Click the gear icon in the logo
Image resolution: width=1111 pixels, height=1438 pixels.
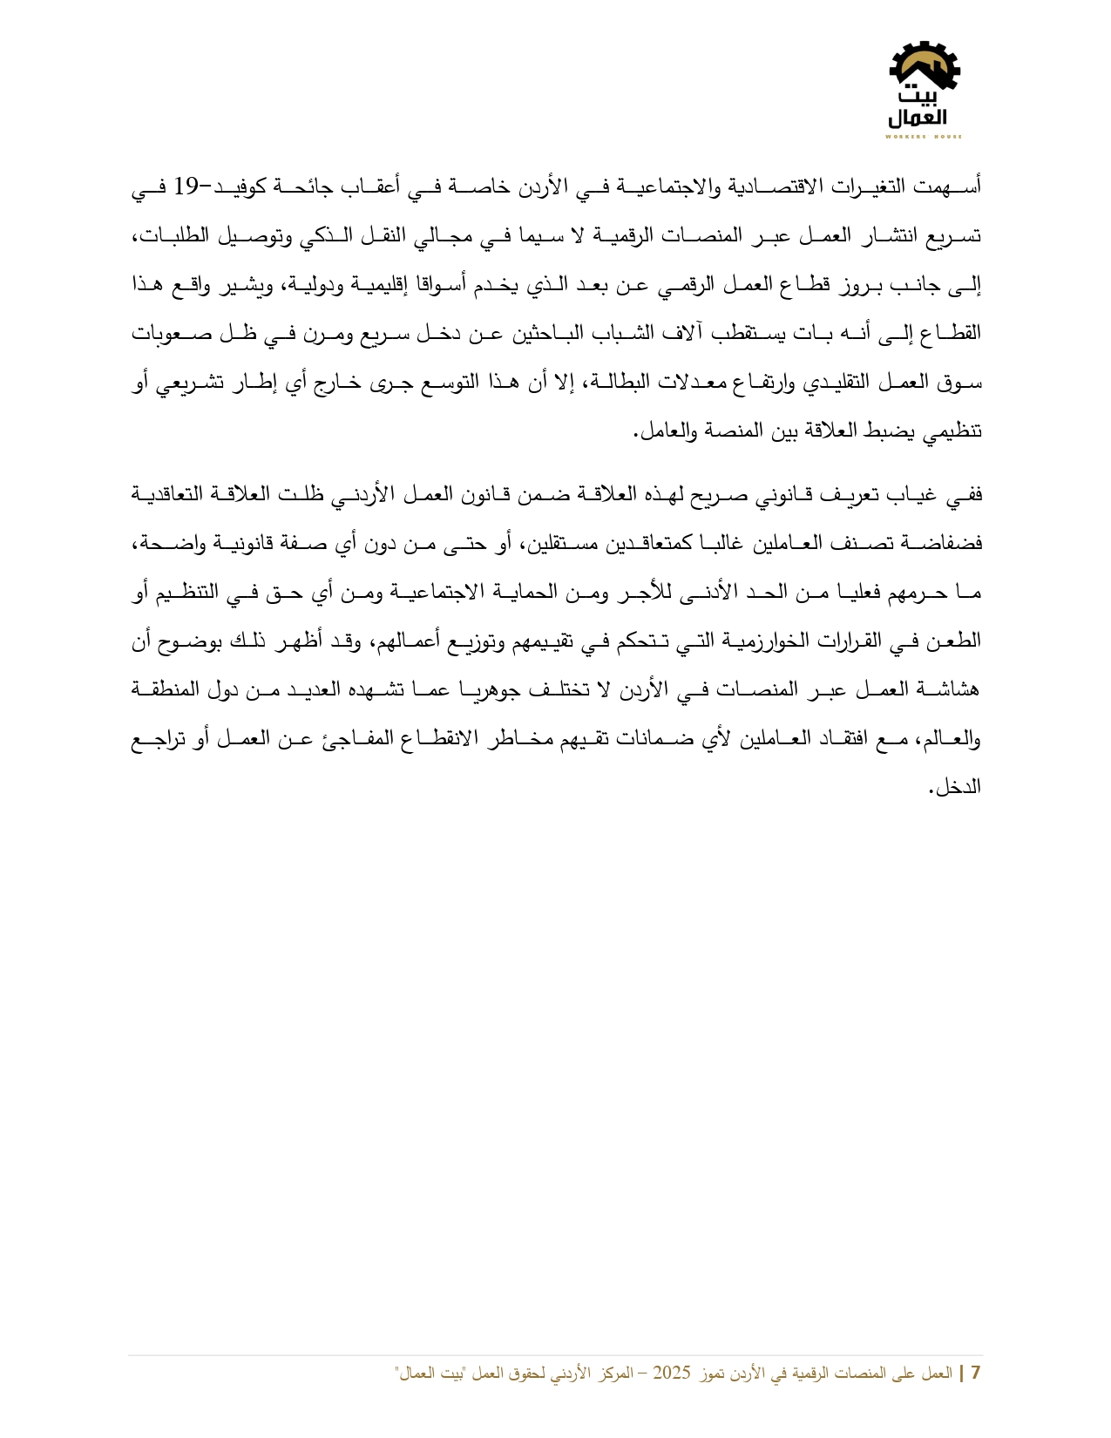925,66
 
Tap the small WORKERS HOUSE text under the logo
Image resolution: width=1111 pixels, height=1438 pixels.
924,137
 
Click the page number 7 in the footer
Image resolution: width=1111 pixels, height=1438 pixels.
976,1373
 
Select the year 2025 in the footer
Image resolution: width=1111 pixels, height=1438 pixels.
672,1373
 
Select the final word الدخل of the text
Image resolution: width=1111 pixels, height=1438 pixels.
959,787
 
